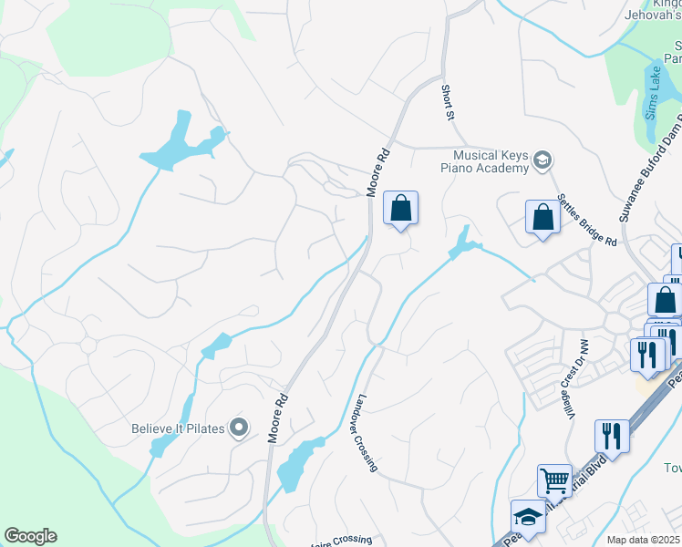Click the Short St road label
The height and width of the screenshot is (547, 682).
[x=447, y=102]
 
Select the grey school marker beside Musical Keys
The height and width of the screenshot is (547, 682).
[x=542, y=161]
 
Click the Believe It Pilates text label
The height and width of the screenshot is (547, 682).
[x=178, y=428]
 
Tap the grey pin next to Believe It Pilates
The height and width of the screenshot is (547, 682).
[x=239, y=427]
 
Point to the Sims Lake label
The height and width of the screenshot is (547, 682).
[x=653, y=93]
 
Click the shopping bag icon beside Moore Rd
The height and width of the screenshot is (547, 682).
[x=400, y=209]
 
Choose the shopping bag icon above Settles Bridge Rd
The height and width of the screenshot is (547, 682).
[x=542, y=219]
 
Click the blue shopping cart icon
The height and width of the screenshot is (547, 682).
[x=554, y=480]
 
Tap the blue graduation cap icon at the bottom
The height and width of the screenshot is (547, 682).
[x=528, y=516]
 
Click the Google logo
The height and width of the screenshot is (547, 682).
[x=30, y=536]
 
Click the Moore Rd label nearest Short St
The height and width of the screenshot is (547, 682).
[x=377, y=171]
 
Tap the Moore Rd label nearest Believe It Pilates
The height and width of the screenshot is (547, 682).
[x=277, y=418]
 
